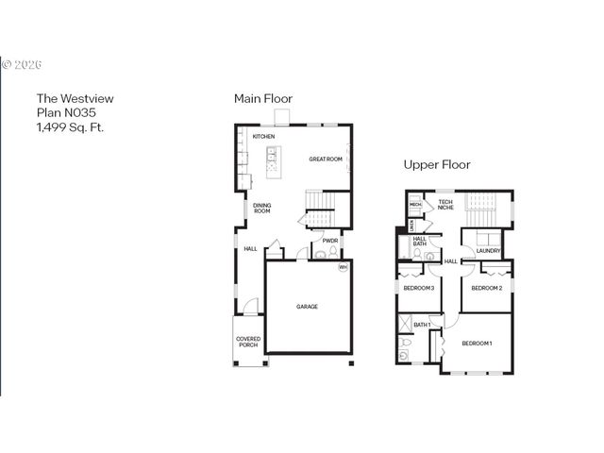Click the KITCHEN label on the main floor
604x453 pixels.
coord(263,138)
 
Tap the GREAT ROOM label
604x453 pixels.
coord(325,159)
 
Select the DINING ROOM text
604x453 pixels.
coord(261,209)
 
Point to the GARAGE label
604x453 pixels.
coord(307,307)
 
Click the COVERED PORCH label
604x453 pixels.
coord(248,341)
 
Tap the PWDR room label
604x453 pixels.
coord(330,241)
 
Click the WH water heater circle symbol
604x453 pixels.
coord(344,267)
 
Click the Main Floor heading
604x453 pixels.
coord(263,98)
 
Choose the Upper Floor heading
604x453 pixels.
coord(437,164)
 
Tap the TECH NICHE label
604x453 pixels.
coord(445,204)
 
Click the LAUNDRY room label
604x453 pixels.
coord(488,250)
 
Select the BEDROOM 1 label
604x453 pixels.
coord(477,343)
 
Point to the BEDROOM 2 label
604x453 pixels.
coord(486,288)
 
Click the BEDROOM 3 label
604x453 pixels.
coord(419,288)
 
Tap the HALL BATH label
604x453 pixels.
coord(420,242)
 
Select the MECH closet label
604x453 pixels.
coord(414,205)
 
